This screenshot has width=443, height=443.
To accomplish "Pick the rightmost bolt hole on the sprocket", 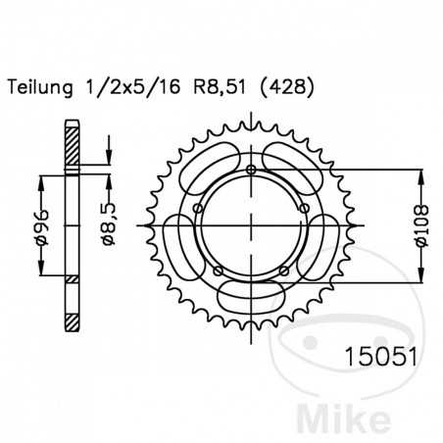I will [302, 207].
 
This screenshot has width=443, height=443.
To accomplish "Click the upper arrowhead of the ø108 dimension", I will [421, 176].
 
